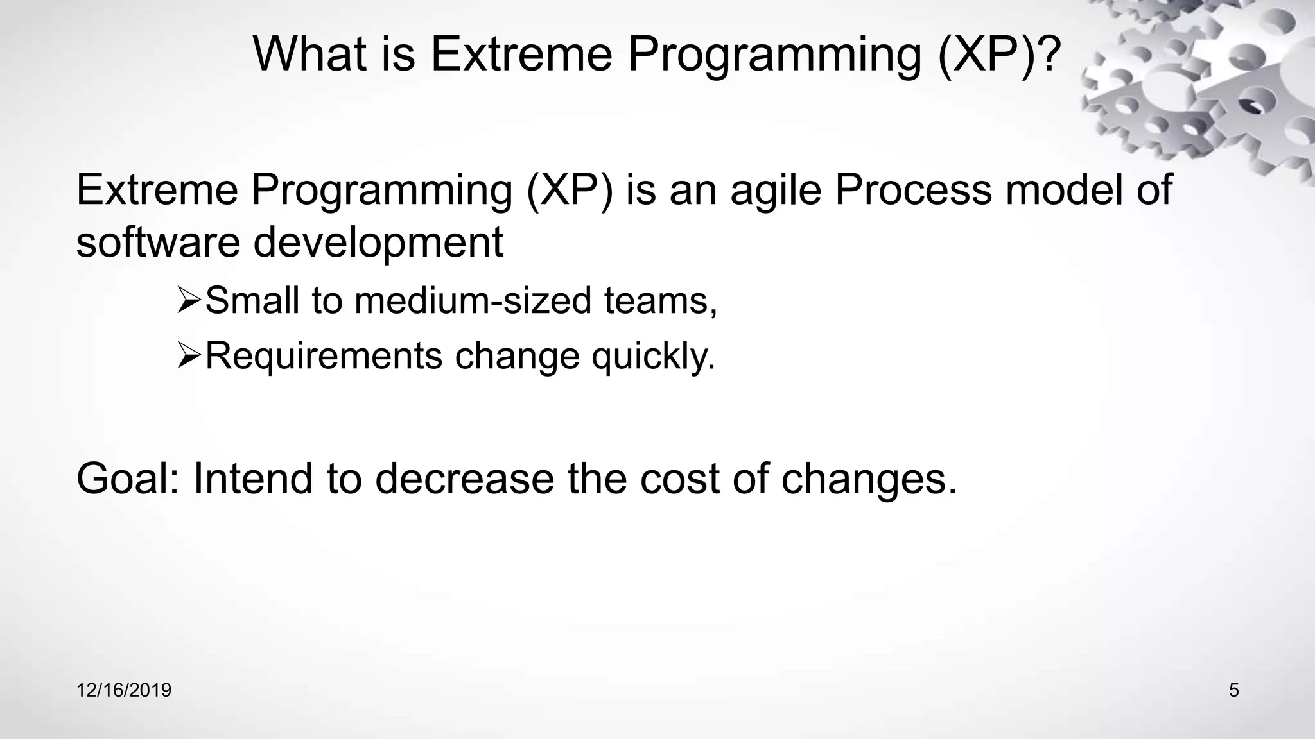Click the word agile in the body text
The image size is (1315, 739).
tap(776, 191)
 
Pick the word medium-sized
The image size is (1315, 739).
tap(473, 302)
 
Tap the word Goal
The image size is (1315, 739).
tap(128, 479)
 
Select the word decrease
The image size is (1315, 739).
tap(464, 479)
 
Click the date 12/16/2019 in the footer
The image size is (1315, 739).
tap(124, 690)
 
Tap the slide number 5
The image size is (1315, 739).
tap(1233, 690)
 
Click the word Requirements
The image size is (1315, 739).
tap(324, 357)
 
